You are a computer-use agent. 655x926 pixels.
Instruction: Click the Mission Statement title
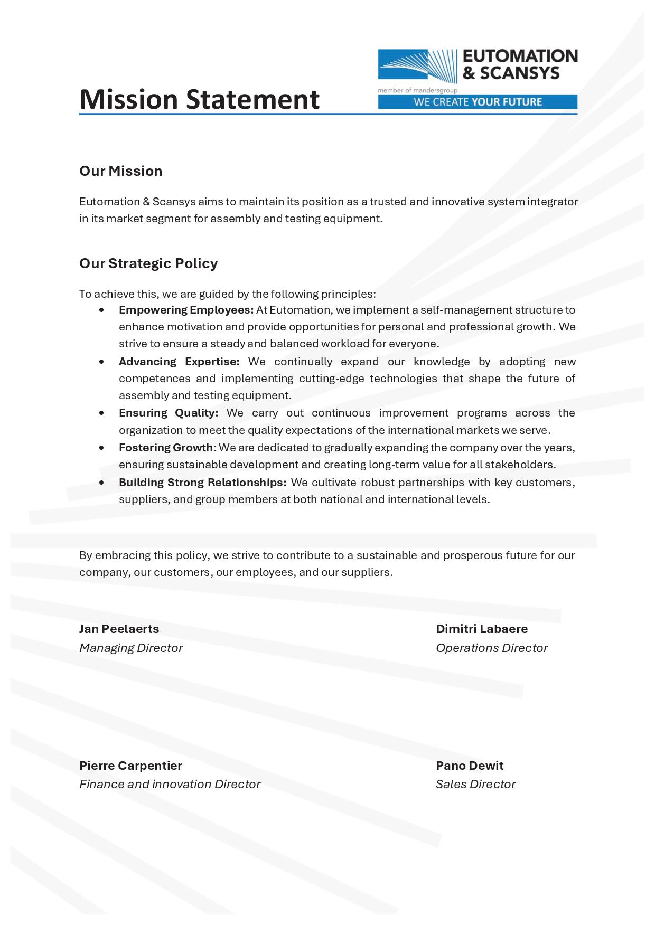[199, 99]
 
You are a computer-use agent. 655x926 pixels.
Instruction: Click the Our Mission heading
[120, 171]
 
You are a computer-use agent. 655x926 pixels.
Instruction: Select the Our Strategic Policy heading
[148, 263]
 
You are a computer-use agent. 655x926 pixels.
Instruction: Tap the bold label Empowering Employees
[186, 310]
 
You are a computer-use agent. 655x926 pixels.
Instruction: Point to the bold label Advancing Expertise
[179, 362]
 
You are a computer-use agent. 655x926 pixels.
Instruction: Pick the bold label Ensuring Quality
[169, 413]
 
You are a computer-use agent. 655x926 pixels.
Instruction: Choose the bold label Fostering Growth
[165, 448]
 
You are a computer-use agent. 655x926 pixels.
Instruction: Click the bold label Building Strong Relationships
[202, 483]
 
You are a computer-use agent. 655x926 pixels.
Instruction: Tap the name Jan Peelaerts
[119, 629]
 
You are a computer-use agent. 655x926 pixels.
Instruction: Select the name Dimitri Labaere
[481, 629]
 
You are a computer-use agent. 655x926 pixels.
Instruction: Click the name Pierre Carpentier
[130, 766]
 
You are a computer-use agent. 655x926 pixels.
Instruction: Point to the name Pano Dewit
[469, 766]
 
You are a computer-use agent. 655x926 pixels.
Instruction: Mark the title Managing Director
[131, 648]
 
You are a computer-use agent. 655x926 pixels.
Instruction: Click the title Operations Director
[491, 648]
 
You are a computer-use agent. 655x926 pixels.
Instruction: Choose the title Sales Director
[475, 784]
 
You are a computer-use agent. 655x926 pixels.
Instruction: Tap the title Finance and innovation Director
[170, 784]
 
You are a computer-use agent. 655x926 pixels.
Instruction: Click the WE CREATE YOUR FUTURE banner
[478, 102]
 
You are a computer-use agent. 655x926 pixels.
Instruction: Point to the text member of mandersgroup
[410, 90]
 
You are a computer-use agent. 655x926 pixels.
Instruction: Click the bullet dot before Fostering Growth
[101, 448]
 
